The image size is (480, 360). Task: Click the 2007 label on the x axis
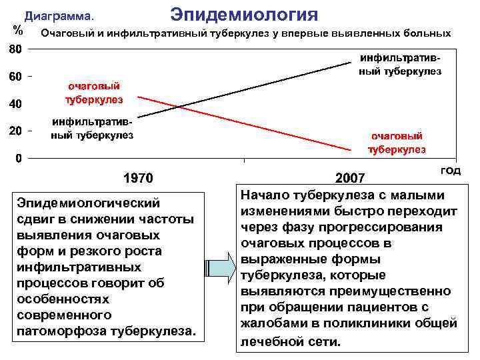coord(350,179)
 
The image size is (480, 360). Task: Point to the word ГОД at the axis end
coord(451,171)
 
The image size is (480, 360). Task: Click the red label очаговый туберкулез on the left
coord(94,93)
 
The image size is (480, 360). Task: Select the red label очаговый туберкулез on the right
coord(398,142)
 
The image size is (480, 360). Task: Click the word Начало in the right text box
coord(265,195)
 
